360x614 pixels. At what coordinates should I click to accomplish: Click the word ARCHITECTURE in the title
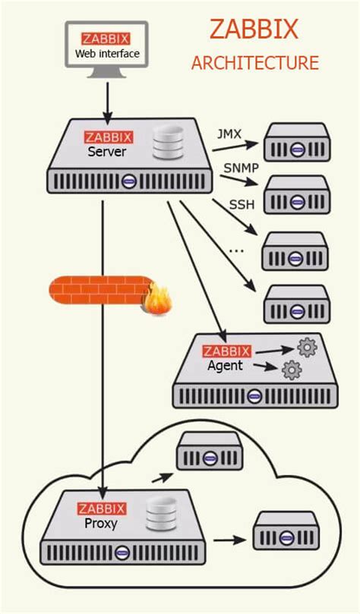tap(254, 63)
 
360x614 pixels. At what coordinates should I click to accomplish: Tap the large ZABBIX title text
tap(254, 30)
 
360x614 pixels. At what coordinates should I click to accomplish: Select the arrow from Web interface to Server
tap(107, 102)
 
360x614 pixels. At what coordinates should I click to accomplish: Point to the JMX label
tap(229, 135)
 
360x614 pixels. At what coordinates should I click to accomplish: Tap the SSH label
tap(242, 204)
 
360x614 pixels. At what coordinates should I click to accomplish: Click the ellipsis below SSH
tap(236, 249)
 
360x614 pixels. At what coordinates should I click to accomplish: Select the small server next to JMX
tap(296, 142)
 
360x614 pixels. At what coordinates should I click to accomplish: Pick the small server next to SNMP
tap(296, 195)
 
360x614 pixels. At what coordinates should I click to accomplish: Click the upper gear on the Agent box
tap(308, 348)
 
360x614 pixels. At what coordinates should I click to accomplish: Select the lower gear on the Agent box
tap(292, 370)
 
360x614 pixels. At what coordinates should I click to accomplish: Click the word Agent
tap(225, 365)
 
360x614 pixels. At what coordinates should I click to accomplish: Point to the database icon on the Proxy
tap(161, 515)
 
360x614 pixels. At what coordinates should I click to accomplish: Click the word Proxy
tap(101, 524)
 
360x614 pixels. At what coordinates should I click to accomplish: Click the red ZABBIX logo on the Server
tap(108, 137)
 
